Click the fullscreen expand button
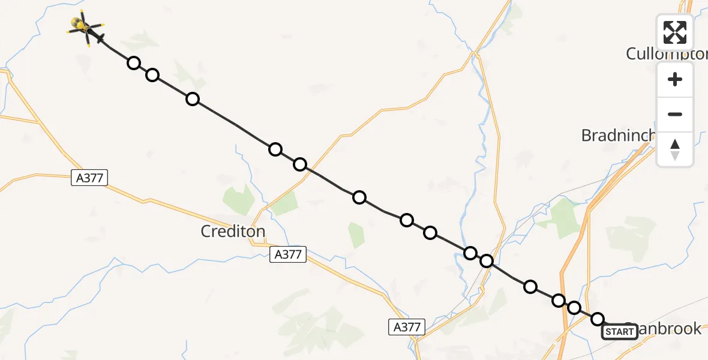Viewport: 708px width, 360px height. click(675, 32)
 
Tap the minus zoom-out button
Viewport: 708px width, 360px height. click(675, 114)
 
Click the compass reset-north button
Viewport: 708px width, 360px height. click(675, 149)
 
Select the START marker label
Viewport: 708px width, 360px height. click(620, 331)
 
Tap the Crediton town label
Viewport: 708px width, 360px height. click(233, 231)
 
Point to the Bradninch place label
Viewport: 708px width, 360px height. click(617, 136)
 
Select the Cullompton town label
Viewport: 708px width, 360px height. click(666, 53)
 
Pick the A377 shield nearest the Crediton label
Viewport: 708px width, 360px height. click(287, 254)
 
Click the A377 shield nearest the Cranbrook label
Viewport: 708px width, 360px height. click(407, 327)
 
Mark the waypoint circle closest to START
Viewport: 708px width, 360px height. click(598, 319)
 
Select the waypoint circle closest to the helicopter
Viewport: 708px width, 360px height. click(134, 63)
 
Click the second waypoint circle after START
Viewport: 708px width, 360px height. click(574, 308)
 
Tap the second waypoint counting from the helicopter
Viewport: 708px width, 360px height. click(152, 75)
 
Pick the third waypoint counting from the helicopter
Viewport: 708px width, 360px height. click(193, 99)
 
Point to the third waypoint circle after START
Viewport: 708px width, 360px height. click(559, 301)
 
